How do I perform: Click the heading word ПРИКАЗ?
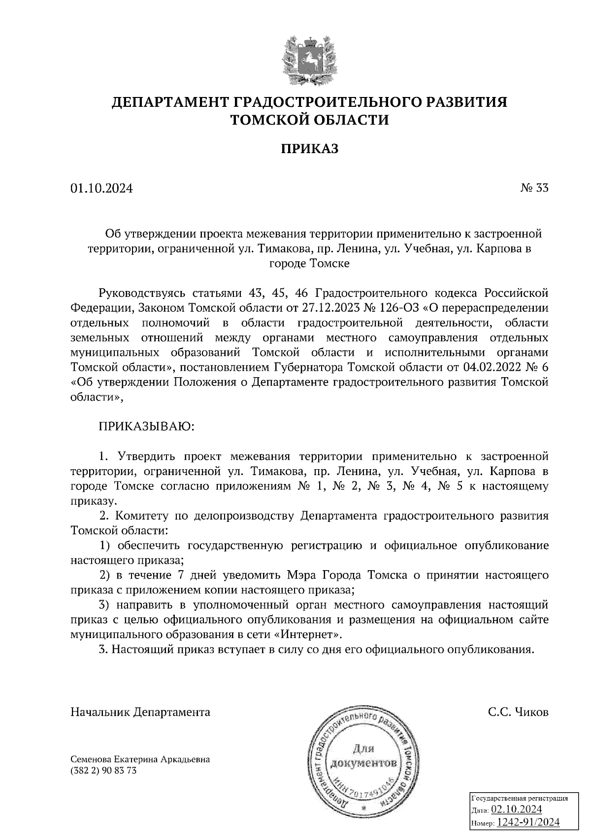tap(310, 148)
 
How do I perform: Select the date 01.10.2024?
tap(101, 188)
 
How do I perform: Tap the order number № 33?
tap(534, 188)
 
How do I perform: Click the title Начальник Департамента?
tap(140, 712)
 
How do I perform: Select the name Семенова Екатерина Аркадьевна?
tap(140, 759)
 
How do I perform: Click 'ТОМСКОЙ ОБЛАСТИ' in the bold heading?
tap(310, 120)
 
